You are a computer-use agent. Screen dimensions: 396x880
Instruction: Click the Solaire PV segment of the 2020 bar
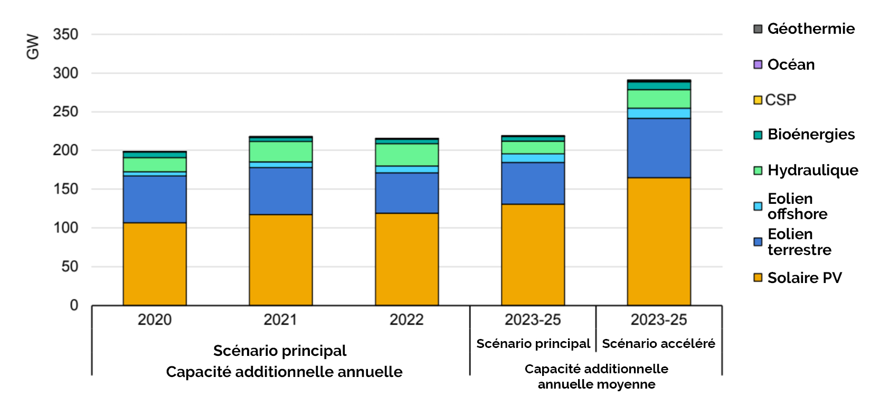pyautogui.click(x=155, y=263)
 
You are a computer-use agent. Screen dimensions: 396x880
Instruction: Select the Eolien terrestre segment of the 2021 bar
pyautogui.click(x=280, y=191)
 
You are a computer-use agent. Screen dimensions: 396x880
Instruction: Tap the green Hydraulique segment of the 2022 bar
pyautogui.click(x=406, y=154)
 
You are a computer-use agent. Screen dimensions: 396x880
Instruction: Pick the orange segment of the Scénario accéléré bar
pyautogui.click(x=659, y=241)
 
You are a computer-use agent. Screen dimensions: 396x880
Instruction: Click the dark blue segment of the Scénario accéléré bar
pyautogui.click(x=659, y=148)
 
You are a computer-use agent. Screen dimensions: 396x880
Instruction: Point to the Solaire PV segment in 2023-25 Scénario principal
pyautogui.click(x=533, y=254)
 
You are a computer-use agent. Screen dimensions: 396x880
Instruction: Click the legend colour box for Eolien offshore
pyautogui.click(x=758, y=206)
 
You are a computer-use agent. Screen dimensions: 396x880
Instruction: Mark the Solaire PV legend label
pyautogui.click(x=804, y=278)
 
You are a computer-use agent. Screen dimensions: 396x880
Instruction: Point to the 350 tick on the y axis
pyautogui.click(x=65, y=34)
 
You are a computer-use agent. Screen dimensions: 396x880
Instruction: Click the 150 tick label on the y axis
pyautogui.click(x=65, y=189)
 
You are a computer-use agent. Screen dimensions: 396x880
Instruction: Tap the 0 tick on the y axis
pyautogui.click(x=74, y=305)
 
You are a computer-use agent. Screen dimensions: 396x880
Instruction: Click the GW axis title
pyautogui.click(x=33, y=46)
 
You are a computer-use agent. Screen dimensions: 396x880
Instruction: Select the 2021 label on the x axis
pyautogui.click(x=280, y=319)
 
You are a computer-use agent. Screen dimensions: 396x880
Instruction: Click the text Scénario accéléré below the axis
pyautogui.click(x=658, y=344)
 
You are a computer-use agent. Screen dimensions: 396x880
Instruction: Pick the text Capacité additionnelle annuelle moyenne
pyautogui.click(x=596, y=376)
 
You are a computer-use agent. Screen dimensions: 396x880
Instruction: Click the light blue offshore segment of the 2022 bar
pyautogui.click(x=406, y=169)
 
